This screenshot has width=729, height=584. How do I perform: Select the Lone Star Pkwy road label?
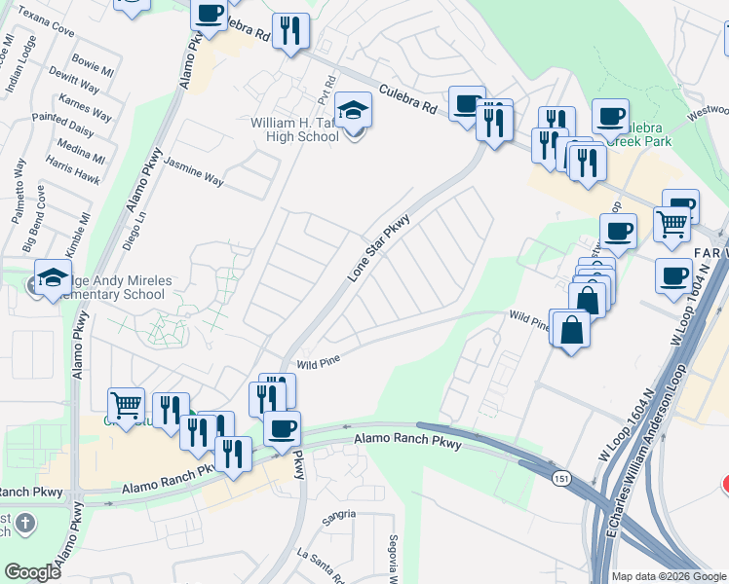[378, 249]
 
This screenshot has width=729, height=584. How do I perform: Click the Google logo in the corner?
[32, 571]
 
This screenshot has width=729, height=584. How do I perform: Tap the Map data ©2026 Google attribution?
[669, 575]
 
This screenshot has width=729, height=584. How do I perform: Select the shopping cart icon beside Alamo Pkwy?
[126, 403]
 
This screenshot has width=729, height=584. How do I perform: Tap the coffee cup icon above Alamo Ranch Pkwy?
[282, 428]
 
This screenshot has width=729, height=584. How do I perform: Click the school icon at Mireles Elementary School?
[54, 276]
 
